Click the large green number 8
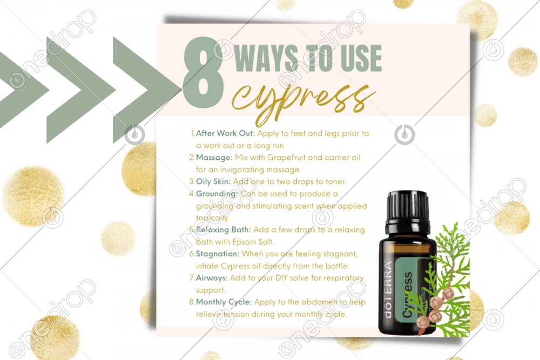click(x=203, y=72)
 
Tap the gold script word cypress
click(x=303, y=99)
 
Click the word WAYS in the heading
click(x=266, y=58)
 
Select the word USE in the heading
click(x=361, y=58)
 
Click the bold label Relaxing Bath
click(x=224, y=230)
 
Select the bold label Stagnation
click(x=218, y=254)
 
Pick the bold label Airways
click(x=212, y=278)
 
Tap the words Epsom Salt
click(x=253, y=242)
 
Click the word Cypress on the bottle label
click(x=408, y=295)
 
